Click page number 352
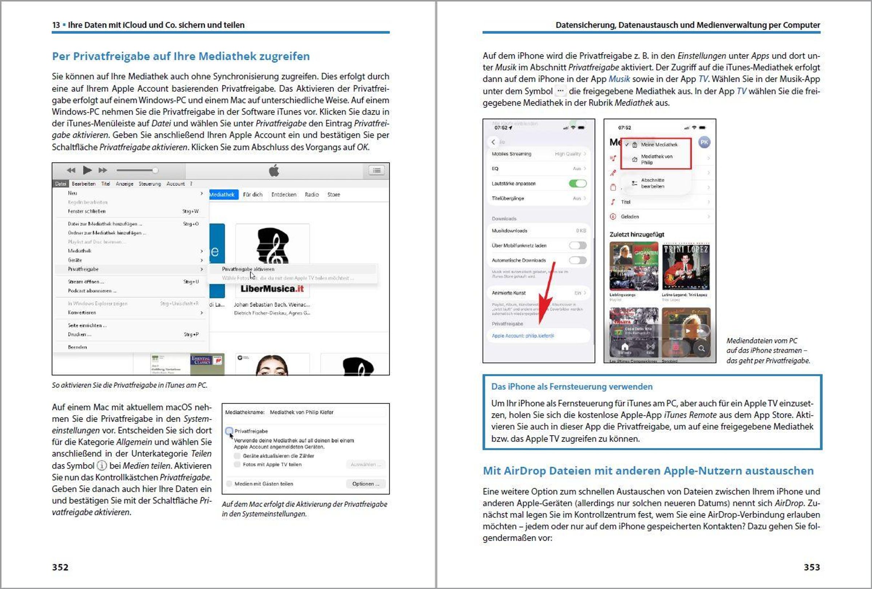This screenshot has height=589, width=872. point(60,567)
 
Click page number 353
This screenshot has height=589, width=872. point(812,567)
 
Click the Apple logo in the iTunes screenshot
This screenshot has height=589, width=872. point(274,171)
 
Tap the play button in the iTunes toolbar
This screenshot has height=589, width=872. point(87,170)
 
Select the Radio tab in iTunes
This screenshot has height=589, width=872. point(311,195)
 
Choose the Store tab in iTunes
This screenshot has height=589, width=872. point(334,195)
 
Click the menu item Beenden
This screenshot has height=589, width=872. point(77,347)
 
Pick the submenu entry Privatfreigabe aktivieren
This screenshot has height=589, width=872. point(248,269)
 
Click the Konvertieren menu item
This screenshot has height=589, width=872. point(82,313)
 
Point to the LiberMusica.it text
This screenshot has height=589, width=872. point(272,289)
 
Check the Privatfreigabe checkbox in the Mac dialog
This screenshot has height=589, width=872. point(229,431)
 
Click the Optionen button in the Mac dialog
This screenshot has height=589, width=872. point(366,484)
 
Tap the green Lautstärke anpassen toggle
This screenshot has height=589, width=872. point(577,183)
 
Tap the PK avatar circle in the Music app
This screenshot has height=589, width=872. point(704,142)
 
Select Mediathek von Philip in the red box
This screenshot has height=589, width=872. point(656,159)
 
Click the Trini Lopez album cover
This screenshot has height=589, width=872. point(686,267)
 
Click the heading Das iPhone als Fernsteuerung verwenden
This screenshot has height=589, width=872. point(572,386)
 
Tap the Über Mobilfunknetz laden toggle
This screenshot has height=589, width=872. point(577,245)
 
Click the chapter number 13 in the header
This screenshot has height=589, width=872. point(56,25)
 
